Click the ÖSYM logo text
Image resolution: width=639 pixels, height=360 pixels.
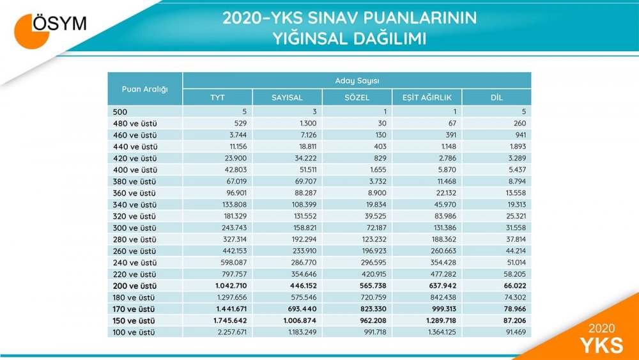pos(59,23)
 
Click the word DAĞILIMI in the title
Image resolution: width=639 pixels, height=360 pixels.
pos(389,39)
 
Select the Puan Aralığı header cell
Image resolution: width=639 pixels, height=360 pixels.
pos(144,89)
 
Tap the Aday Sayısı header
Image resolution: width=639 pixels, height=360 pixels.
pos(357,81)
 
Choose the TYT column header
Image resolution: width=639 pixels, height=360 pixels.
pos(218,97)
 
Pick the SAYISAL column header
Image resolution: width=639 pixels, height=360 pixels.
pos(288,97)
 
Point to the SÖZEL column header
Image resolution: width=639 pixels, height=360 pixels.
pos(357,97)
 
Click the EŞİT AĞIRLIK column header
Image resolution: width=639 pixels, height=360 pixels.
pos(427,97)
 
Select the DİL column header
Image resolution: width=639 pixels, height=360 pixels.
pos(497,97)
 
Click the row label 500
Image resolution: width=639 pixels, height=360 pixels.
pos(120,112)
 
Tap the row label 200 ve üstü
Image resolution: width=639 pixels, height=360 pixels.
pos(134,286)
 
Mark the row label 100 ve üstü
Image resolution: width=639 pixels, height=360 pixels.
pos(134,333)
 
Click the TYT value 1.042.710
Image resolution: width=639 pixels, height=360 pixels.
pos(231,286)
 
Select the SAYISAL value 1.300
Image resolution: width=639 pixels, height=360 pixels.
pos(308,123)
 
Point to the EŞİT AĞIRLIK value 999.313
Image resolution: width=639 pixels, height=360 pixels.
pos(443,309)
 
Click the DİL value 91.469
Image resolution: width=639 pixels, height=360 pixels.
pos(516,333)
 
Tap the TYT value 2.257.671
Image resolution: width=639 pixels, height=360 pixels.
pos(233,333)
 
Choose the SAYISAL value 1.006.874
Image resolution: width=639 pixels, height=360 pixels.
pos(300,320)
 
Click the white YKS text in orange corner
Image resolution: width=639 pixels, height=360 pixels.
pos(602,345)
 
